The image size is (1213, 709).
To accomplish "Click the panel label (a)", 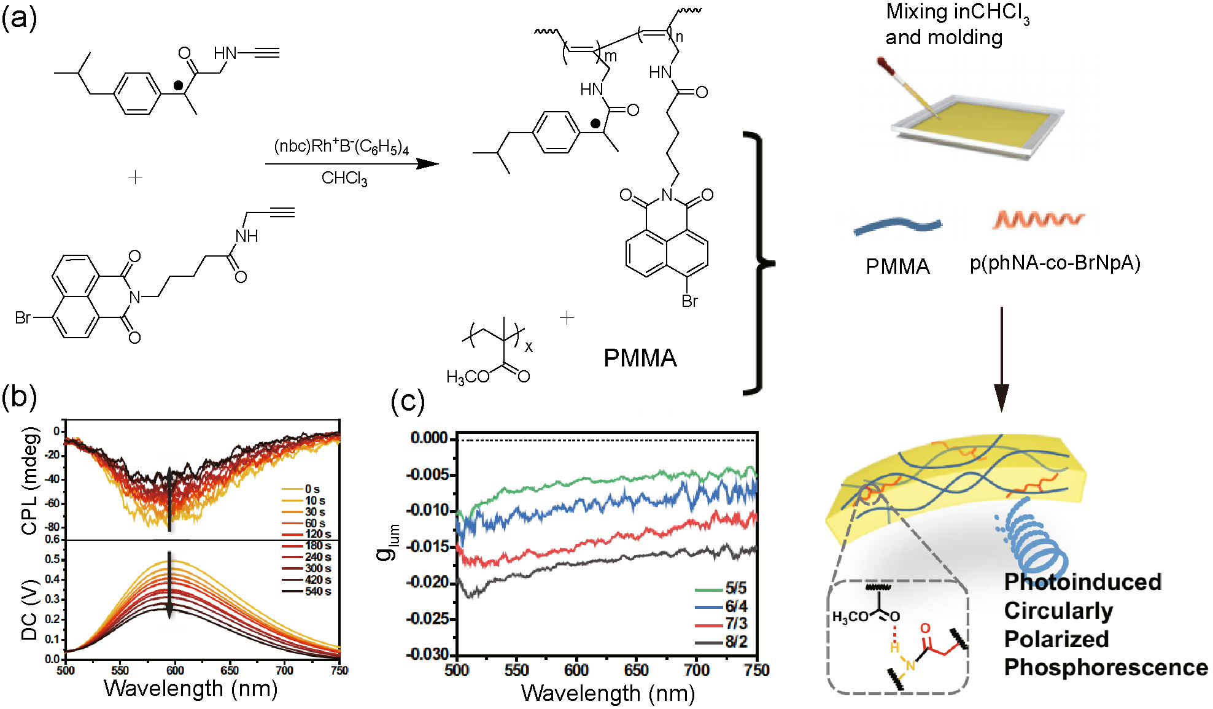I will point(19,18).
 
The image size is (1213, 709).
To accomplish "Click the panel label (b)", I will point(19,397).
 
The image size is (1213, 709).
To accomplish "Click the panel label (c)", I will point(407,401).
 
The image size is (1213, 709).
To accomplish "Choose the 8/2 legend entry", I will point(736,642).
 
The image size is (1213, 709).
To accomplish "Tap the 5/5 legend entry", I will point(736,588).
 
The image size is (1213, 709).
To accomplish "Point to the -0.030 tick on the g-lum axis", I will point(429,654).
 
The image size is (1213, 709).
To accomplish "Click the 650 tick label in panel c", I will point(636,670).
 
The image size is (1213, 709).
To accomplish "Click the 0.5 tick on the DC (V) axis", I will point(52,559).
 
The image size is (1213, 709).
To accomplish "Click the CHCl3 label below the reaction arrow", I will point(344,179).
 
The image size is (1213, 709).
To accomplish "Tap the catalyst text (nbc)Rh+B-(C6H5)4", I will point(341,147).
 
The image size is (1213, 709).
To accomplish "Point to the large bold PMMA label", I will point(640,358).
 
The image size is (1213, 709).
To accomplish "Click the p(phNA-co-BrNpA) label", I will point(1055,263).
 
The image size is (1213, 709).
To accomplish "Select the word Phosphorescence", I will point(1105,667).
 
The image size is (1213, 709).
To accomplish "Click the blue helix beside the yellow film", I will point(1034,540).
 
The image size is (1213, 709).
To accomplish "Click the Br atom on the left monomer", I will point(23,318).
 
